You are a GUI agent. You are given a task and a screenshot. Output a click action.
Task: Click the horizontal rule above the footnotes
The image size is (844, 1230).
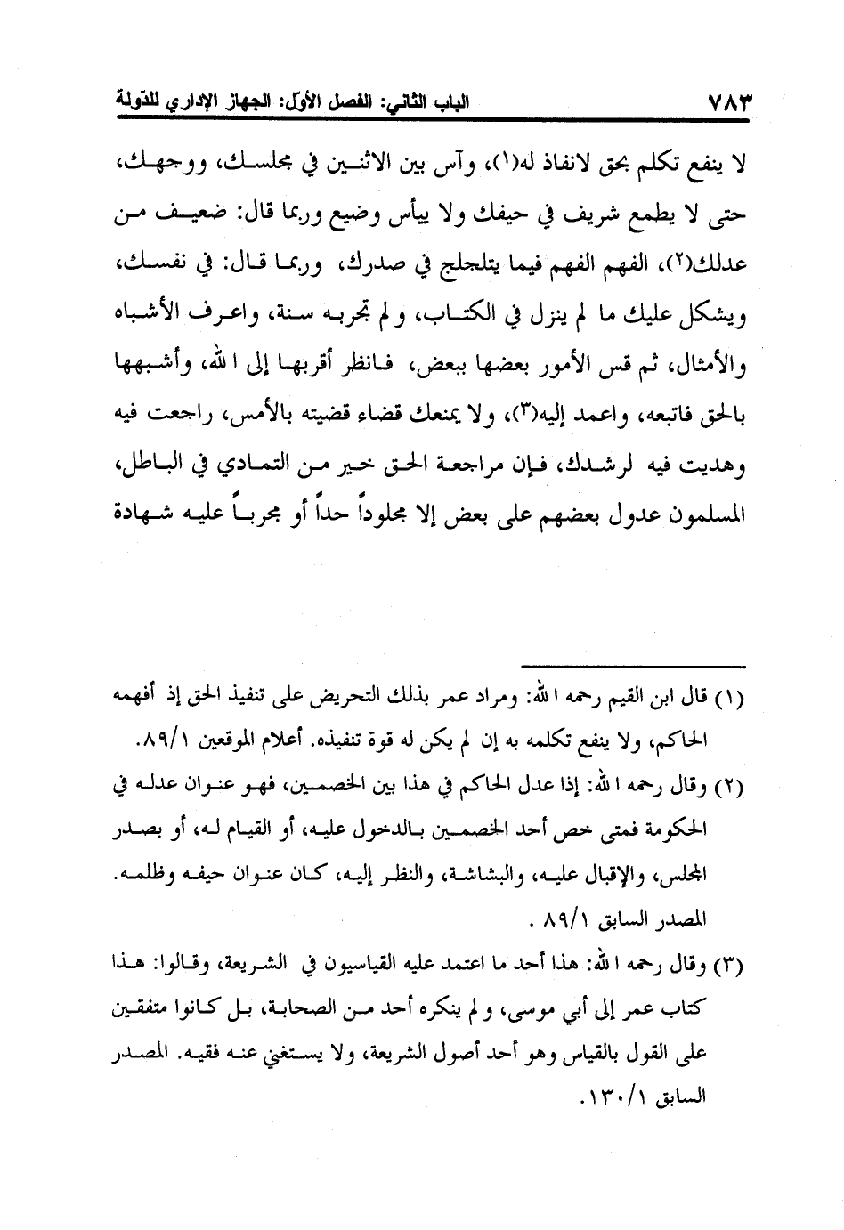coord(637,664)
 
